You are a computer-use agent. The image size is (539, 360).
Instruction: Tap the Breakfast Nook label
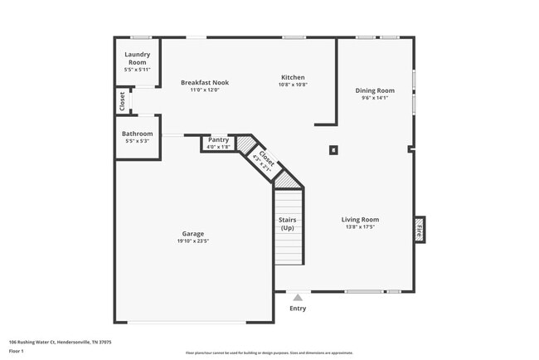pyautogui.click(x=205, y=82)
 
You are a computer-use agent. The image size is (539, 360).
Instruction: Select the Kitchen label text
pyautogui.click(x=293, y=77)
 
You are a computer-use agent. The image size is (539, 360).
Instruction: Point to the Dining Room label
pyautogui.click(x=375, y=90)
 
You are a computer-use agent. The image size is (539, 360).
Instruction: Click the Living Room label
pyautogui.click(x=360, y=220)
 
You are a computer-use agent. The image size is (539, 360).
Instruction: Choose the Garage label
pyautogui.click(x=193, y=234)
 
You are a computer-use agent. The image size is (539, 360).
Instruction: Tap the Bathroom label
pyautogui.click(x=137, y=134)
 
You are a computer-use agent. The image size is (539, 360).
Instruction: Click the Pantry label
pyautogui.click(x=218, y=140)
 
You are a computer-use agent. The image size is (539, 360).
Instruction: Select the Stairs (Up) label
pyautogui.click(x=288, y=224)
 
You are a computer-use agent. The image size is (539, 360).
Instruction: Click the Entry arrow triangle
pyautogui.click(x=298, y=296)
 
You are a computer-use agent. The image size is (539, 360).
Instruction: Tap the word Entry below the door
pyautogui.click(x=298, y=309)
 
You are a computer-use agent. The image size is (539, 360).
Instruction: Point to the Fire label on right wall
pyautogui.click(x=419, y=229)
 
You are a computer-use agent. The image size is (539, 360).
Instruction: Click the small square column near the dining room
pyautogui.click(x=333, y=150)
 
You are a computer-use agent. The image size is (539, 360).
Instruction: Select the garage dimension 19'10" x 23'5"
pyautogui.click(x=193, y=241)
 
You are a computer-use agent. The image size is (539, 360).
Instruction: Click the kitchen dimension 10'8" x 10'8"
pyautogui.click(x=293, y=85)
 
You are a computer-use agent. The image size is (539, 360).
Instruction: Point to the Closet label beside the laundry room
pyautogui.click(x=123, y=102)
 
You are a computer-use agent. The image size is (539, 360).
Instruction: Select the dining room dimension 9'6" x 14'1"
pyautogui.click(x=375, y=98)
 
